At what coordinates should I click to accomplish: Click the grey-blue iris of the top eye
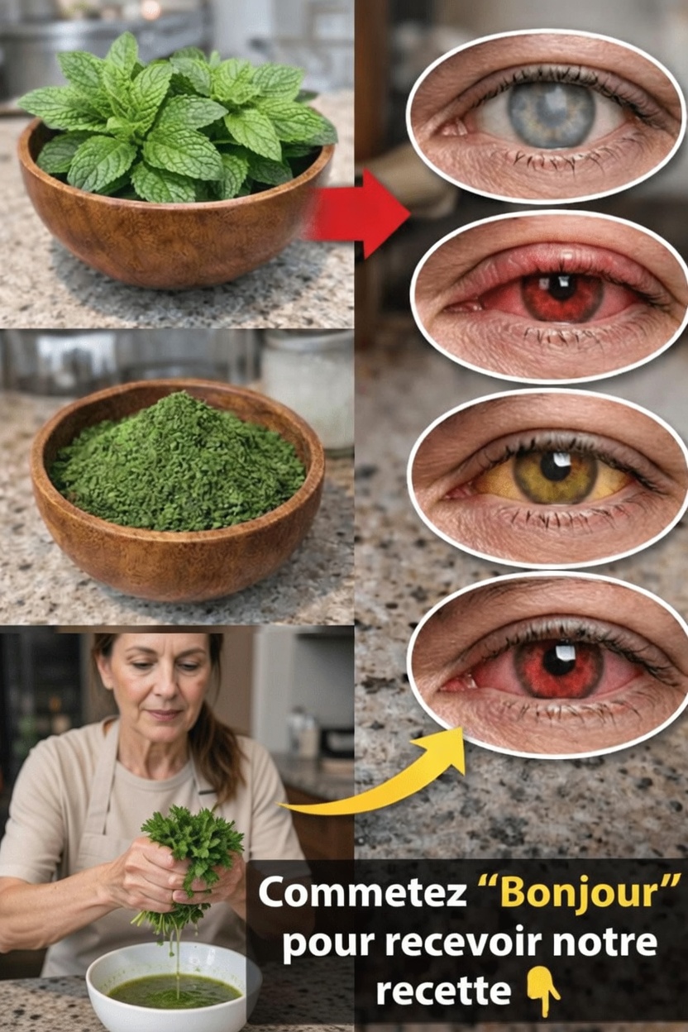(x=551, y=114)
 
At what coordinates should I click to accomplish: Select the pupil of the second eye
(x=561, y=287)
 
